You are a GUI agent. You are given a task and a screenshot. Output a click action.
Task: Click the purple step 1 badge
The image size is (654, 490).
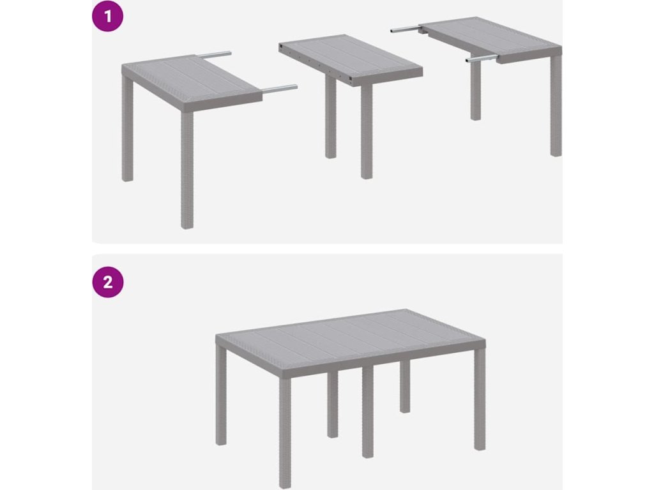click(107, 17)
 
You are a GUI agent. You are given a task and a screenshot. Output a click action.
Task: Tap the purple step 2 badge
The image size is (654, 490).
click(107, 282)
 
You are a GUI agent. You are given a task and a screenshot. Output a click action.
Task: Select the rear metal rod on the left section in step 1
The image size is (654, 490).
click(213, 54)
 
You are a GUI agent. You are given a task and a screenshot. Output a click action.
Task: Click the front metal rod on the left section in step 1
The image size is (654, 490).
click(280, 88)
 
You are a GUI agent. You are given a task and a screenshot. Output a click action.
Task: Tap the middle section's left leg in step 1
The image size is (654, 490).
click(330, 117)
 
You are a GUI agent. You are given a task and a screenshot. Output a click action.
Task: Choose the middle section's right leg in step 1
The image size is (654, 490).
click(367, 132)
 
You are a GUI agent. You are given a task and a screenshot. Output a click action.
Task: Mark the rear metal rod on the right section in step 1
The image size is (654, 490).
click(406, 29)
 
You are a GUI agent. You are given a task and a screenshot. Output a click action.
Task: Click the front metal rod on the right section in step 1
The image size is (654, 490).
click(482, 59)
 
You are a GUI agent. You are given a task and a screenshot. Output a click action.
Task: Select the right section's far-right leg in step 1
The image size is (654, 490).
click(556, 106)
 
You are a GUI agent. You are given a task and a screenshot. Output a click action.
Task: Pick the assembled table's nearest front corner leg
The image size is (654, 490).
click(285, 433)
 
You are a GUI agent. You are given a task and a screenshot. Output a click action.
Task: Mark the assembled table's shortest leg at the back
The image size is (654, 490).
click(405, 386)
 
